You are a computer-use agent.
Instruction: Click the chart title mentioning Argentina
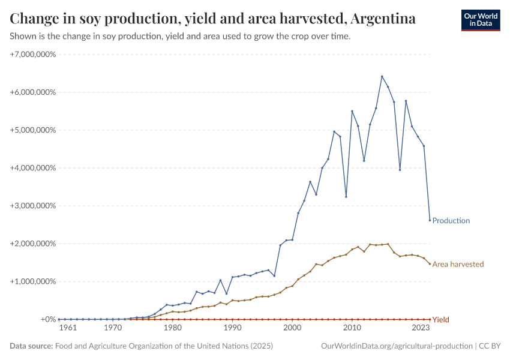pos(213,19)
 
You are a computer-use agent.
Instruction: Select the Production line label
pos(451,221)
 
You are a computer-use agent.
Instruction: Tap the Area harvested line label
pos(457,264)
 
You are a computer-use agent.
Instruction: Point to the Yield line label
pos(440,320)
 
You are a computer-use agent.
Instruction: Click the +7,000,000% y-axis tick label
pos(33,55)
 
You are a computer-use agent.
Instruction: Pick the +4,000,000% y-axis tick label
pos(33,168)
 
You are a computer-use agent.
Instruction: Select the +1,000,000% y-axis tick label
pos(33,281)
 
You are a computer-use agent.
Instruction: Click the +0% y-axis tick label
pos(48,319)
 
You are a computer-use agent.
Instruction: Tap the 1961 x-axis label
pos(68,328)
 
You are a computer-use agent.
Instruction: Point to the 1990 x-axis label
pos(232,328)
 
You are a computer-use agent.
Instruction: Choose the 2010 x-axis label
pos(352,328)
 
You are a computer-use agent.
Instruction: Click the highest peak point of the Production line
pos(382,76)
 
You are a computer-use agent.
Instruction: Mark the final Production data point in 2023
pos(430,220)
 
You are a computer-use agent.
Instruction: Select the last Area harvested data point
pos(430,264)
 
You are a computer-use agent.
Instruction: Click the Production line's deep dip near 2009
pos(346,197)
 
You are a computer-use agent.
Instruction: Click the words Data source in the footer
pos(31,346)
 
